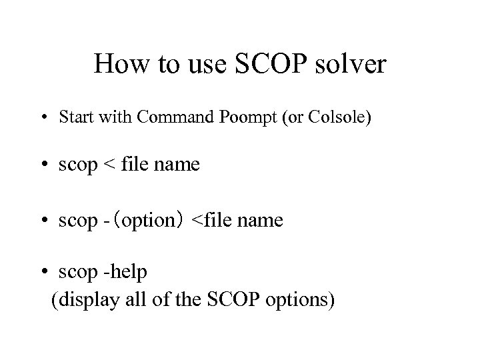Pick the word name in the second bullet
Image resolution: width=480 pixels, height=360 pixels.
point(175,165)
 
